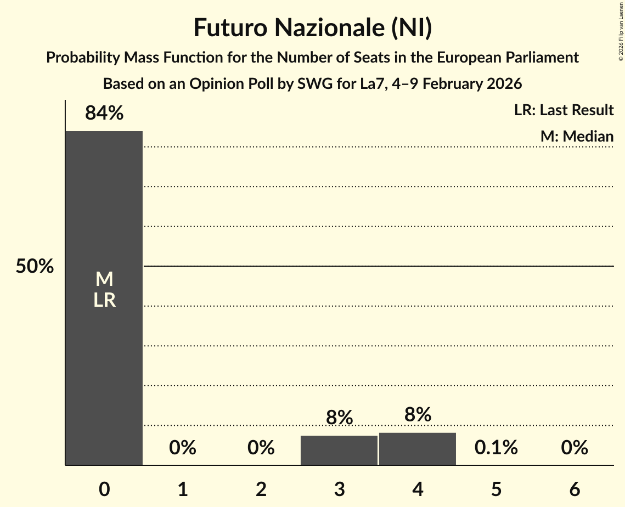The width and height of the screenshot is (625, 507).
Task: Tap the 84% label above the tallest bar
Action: [x=104, y=114]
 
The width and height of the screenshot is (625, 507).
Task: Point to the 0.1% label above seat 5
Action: [x=496, y=448]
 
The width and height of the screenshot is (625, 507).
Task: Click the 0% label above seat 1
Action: [x=183, y=448]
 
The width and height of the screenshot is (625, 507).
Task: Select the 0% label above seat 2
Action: [x=261, y=448]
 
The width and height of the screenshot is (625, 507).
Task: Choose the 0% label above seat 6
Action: [x=575, y=448]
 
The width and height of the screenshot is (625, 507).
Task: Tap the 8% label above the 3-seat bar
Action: [x=339, y=418]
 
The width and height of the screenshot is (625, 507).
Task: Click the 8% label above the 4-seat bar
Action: [x=418, y=415]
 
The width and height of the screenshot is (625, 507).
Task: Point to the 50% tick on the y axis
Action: [x=35, y=267]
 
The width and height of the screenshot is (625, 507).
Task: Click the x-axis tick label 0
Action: [x=104, y=489]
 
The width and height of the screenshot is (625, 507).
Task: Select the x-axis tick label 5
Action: [x=496, y=489]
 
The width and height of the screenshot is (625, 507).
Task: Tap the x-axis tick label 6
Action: [x=575, y=489]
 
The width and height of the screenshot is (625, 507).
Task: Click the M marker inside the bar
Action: [x=104, y=280]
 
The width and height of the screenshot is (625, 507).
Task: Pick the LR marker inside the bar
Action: [x=104, y=300]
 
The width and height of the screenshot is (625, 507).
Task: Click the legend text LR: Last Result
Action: [x=564, y=110]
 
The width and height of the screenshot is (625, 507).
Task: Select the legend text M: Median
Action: [x=577, y=136]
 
